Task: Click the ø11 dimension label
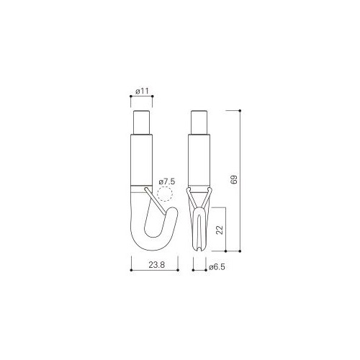pyautogui.click(x=142, y=91)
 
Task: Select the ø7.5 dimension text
pyautogui.click(x=167, y=181)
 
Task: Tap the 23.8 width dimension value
pyautogui.click(x=157, y=265)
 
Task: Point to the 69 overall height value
pyautogui.click(x=233, y=179)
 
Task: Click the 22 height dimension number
pyautogui.click(x=220, y=230)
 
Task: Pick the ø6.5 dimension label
pyautogui.click(x=217, y=267)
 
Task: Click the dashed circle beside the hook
pyautogui.click(x=165, y=194)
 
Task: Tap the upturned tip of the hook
pyautogui.click(x=174, y=210)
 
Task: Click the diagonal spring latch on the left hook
pyautogui.click(x=155, y=201)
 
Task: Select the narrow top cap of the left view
pyautogui.click(x=142, y=122)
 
